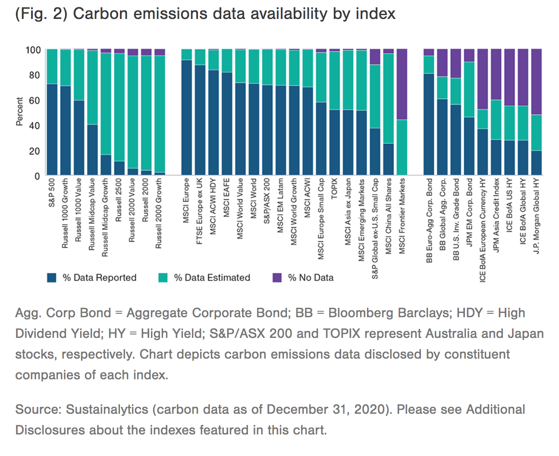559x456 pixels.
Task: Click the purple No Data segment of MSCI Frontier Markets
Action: point(402,84)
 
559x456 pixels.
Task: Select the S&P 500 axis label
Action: point(52,193)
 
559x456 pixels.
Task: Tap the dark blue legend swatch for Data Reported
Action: point(52,278)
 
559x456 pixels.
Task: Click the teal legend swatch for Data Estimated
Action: point(163,278)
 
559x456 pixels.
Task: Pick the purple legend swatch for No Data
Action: point(277,278)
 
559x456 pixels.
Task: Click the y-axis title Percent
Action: point(19,112)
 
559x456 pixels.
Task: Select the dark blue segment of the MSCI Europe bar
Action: point(186,117)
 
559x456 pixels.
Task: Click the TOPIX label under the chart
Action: point(334,188)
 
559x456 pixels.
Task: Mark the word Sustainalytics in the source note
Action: point(107,409)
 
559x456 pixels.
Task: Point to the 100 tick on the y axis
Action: point(33,50)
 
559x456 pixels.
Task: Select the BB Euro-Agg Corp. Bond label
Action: point(429,220)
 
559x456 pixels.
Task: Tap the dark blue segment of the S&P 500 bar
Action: point(52,129)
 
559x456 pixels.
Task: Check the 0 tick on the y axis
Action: point(37,176)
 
